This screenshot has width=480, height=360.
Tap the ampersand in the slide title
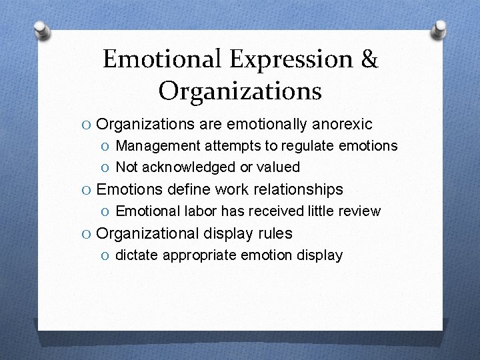[369, 59]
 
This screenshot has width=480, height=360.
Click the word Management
[157, 145]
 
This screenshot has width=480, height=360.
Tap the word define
[189, 189]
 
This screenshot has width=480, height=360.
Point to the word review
[359, 211]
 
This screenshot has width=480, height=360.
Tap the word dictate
[137, 255]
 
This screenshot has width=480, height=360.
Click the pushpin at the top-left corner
[42, 29]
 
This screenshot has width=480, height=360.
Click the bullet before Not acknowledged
[106, 167]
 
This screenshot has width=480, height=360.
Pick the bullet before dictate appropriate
[106, 255]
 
